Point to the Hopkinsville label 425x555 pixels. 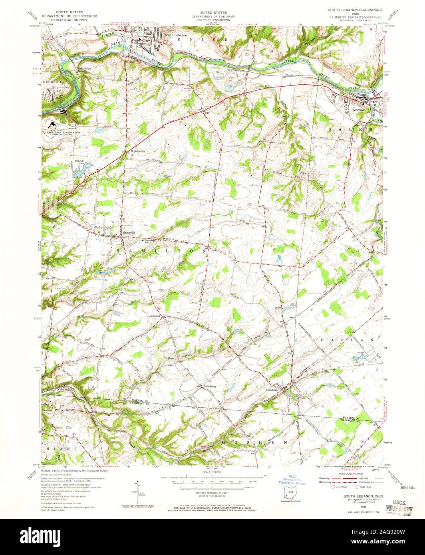(134, 152)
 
